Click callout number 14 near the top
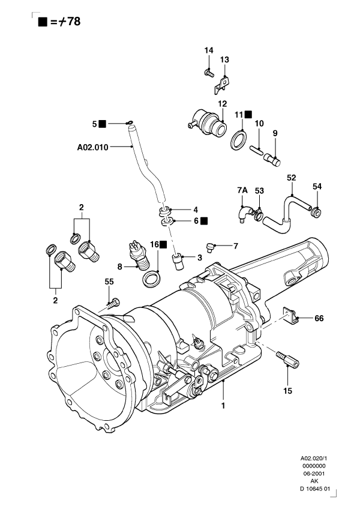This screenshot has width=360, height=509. (x=209, y=50)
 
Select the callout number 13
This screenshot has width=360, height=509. (x=224, y=59)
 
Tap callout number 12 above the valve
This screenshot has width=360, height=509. (x=222, y=103)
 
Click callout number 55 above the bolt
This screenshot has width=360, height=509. (x=109, y=282)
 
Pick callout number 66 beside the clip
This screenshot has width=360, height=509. (x=319, y=319)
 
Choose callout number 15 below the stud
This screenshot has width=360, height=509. (x=287, y=390)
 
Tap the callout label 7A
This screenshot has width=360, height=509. (x=242, y=190)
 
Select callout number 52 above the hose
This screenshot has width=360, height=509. (x=292, y=178)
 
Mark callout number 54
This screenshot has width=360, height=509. (x=317, y=187)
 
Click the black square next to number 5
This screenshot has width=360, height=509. (x=103, y=124)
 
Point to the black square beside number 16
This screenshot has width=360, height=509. (x=163, y=245)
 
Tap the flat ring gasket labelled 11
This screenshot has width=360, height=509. (x=238, y=139)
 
